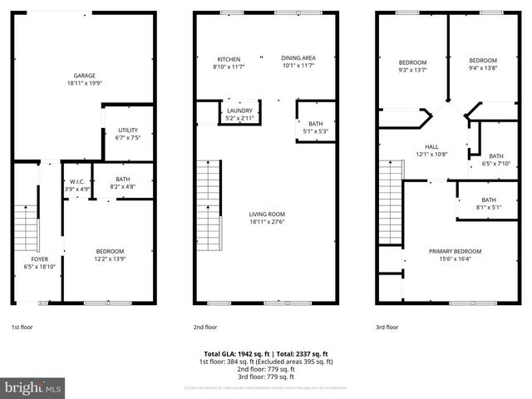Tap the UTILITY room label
[127, 130]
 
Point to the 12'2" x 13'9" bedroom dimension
[109, 259]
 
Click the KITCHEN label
[229, 59]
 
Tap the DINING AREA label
[298, 59]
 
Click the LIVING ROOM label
[266, 214]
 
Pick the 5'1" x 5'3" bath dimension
[315, 131]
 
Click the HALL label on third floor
[431, 146]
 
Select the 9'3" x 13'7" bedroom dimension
[412, 70]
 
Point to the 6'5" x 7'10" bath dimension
[495, 164]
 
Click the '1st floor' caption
[22, 328]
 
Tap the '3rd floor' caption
[387, 328]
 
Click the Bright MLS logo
[33, 387]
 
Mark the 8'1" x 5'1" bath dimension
[488, 207]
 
